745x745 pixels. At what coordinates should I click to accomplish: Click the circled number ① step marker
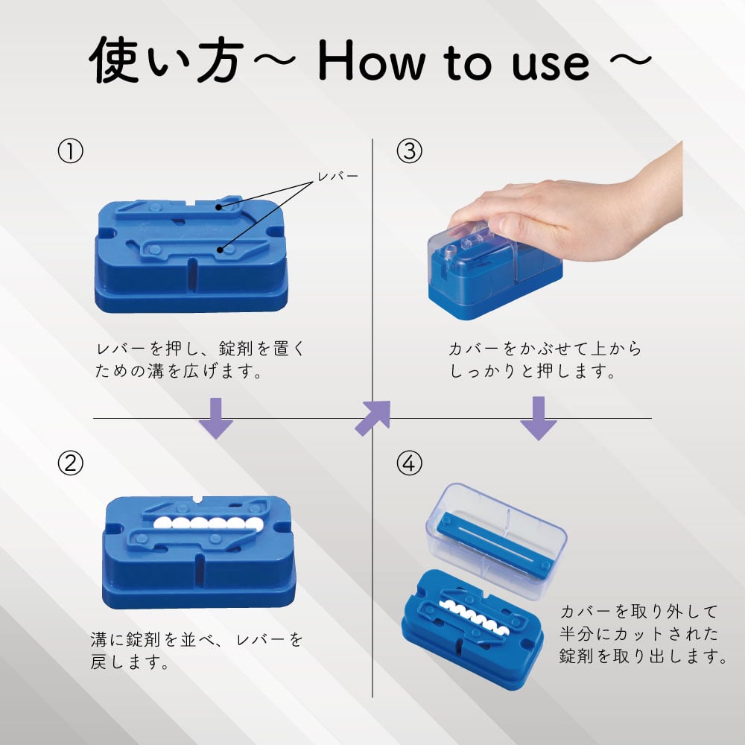(x=70, y=152)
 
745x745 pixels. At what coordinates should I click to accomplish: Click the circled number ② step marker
(x=70, y=464)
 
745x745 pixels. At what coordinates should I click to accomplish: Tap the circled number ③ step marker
(x=410, y=152)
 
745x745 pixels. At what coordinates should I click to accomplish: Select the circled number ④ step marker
(x=410, y=464)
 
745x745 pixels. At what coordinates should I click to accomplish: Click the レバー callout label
(x=337, y=177)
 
